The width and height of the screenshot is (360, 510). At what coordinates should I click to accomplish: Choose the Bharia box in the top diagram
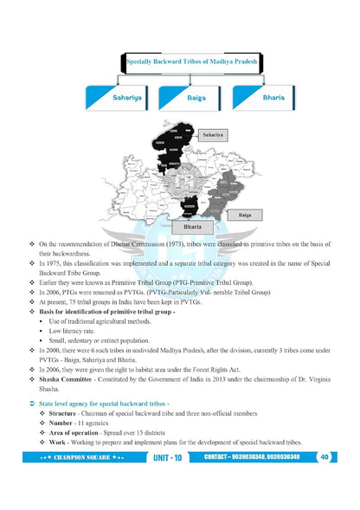click(273, 99)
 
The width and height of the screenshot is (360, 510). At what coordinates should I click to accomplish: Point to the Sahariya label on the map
click(214, 135)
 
